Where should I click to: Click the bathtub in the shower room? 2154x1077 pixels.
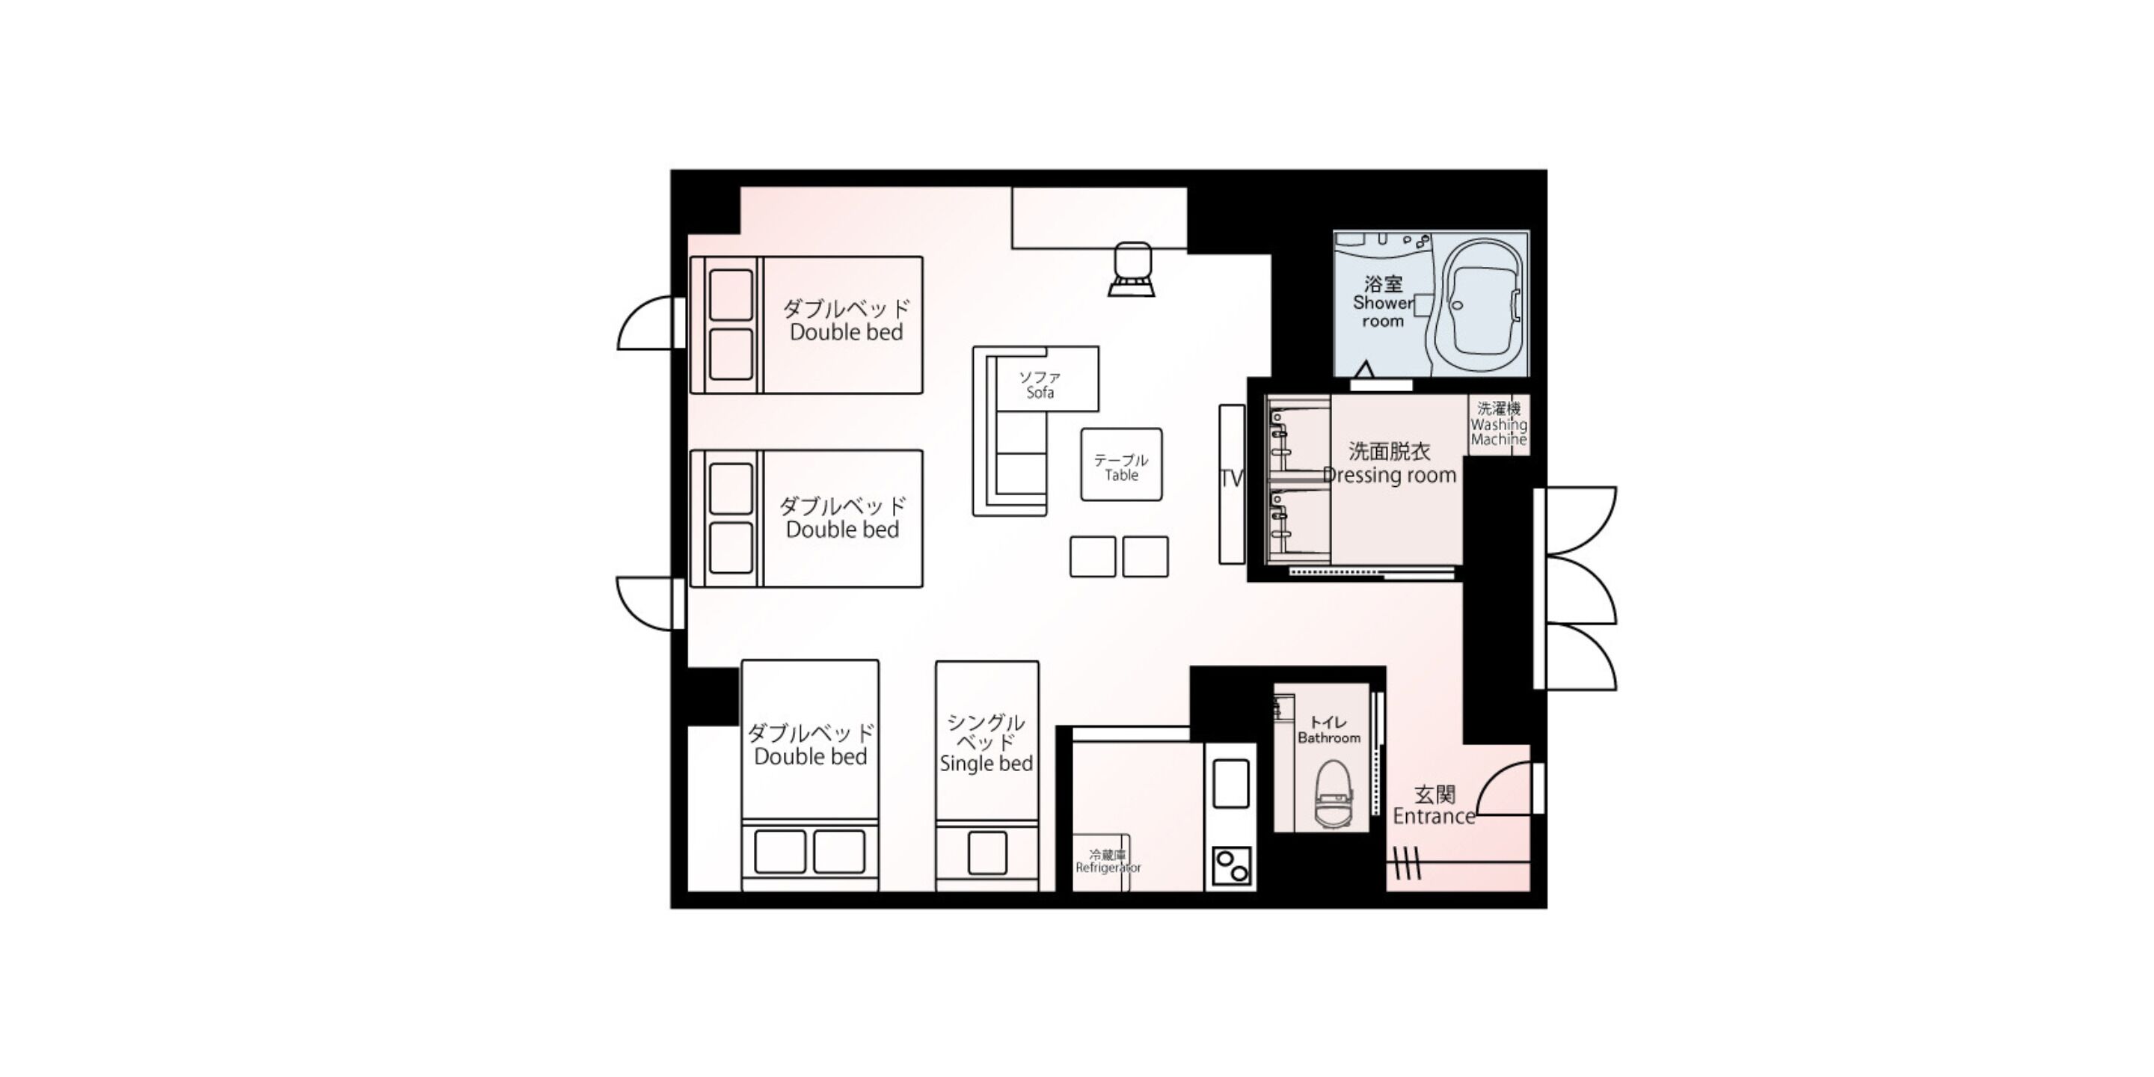tap(1479, 306)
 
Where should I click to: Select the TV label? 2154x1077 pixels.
tap(1231, 479)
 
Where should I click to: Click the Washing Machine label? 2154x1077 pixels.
tap(1498, 424)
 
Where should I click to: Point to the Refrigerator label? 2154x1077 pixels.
tap(1107, 862)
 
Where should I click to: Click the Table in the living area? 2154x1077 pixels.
tap(1120, 466)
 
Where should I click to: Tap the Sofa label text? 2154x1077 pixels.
tap(1040, 384)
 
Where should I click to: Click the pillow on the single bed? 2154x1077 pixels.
tap(987, 853)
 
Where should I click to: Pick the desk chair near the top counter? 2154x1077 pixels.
tap(1132, 269)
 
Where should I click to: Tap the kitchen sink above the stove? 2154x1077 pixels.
tap(1231, 782)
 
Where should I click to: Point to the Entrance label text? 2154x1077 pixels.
tap(1433, 806)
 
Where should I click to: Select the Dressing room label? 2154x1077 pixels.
tap(1390, 463)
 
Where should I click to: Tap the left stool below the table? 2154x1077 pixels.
tap(1092, 557)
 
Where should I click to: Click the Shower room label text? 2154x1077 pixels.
tap(1382, 302)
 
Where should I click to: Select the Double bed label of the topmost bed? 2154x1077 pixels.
tap(845, 320)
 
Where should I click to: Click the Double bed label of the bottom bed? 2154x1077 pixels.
tap(810, 745)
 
